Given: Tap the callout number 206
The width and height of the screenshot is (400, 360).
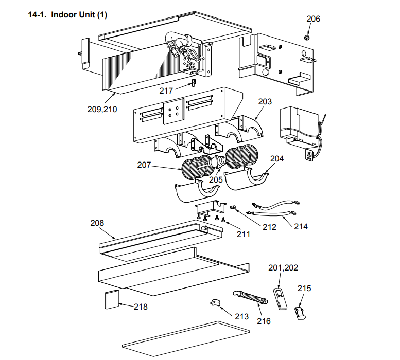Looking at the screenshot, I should point(313,19).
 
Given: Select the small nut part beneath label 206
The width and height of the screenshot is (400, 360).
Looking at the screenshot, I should point(307,38).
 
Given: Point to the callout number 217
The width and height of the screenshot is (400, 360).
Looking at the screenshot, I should point(166,91).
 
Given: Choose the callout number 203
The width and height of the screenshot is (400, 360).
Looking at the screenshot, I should point(265,102).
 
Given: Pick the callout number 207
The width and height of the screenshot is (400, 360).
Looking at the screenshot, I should point(144,165).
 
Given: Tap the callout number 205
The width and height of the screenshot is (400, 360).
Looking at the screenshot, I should point(216,179).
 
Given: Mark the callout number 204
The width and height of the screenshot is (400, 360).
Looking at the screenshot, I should point(276,159).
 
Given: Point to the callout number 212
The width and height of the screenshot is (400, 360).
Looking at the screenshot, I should point(270,227).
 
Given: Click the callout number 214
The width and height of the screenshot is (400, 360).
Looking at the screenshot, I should point(301,226).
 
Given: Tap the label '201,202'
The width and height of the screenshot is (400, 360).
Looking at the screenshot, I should point(283,268).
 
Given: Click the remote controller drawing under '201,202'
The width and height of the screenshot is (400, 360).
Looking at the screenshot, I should point(280,299).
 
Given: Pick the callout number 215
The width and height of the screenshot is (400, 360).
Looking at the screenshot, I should point(304,289).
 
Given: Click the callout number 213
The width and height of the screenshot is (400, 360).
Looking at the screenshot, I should point(242,316).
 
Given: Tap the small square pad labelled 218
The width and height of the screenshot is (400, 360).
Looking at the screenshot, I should point(112,300).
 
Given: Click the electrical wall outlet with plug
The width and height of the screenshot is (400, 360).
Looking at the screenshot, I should point(309,155).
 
